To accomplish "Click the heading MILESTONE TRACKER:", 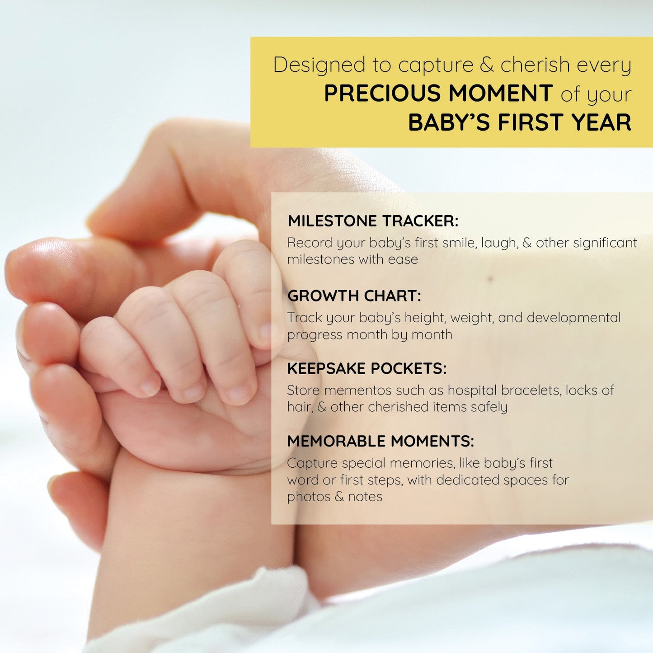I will (373, 221).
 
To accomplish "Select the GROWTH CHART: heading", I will (354, 296).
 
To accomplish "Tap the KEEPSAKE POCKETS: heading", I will (366, 369).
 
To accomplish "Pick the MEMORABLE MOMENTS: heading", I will (381, 441).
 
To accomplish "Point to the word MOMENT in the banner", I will (501, 94).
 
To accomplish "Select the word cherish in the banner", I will (535, 65).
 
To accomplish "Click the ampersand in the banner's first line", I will (486, 65).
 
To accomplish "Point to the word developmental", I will (573, 318).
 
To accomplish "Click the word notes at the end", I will (365, 497).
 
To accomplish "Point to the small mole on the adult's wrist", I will (490, 279).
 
